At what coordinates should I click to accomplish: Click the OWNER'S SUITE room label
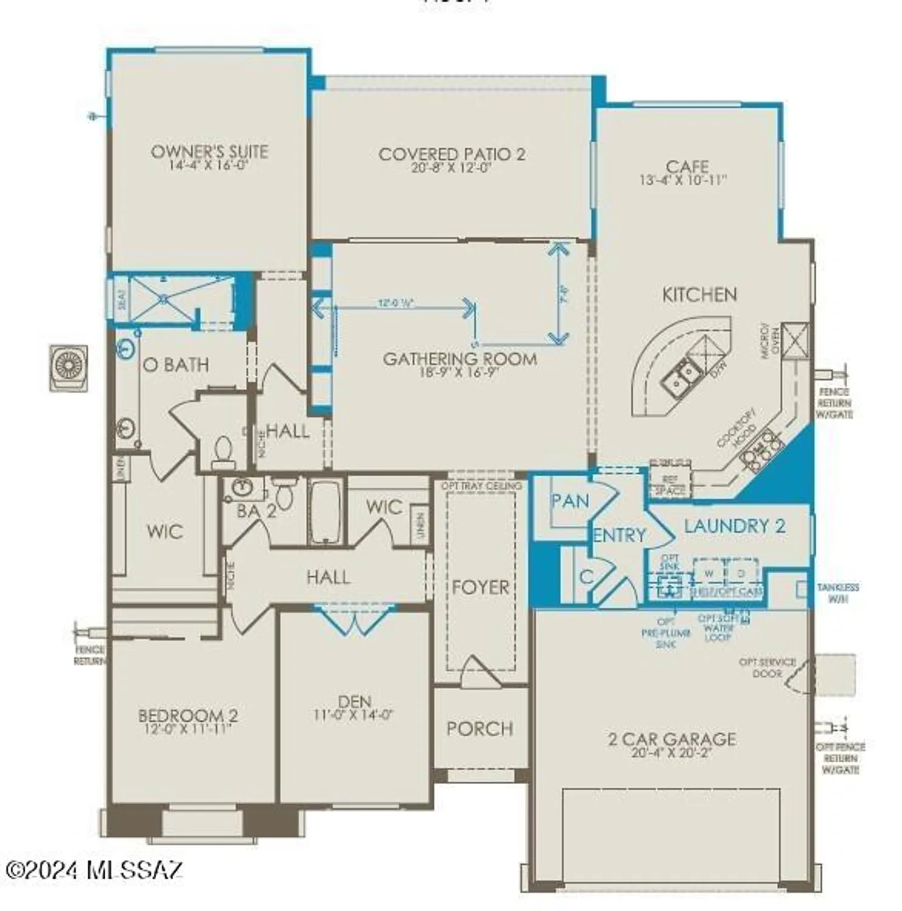(x=209, y=151)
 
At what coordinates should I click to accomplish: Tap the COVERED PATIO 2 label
(x=451, y=154)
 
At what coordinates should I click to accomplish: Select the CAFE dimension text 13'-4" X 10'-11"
(x=683, y=180)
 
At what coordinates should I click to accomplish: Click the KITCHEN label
(x=699, y=295)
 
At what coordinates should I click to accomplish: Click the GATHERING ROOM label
(x=460, y=358)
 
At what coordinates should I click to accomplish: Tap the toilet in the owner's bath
(x=223, y=452)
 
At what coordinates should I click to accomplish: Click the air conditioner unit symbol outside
(x=69, y=368)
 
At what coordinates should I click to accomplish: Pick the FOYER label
(x=480, y=587)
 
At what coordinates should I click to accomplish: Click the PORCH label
(x=480, y=728)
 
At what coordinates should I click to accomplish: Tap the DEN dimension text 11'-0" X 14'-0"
(x=354, y=715)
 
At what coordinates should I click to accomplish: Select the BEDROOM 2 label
(x=188, y=715)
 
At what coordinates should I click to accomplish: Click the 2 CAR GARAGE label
(x=672, y=739)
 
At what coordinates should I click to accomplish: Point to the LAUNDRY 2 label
(x=734, y=526)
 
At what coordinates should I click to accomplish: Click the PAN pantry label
(x=570, y=501)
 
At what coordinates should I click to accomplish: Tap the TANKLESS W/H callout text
(x=838, y=593)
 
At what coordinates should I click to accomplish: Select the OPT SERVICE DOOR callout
(x=767, y=667)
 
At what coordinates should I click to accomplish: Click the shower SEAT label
(x=121, y=299)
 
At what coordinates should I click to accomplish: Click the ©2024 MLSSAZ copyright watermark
(x=94, y=870)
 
